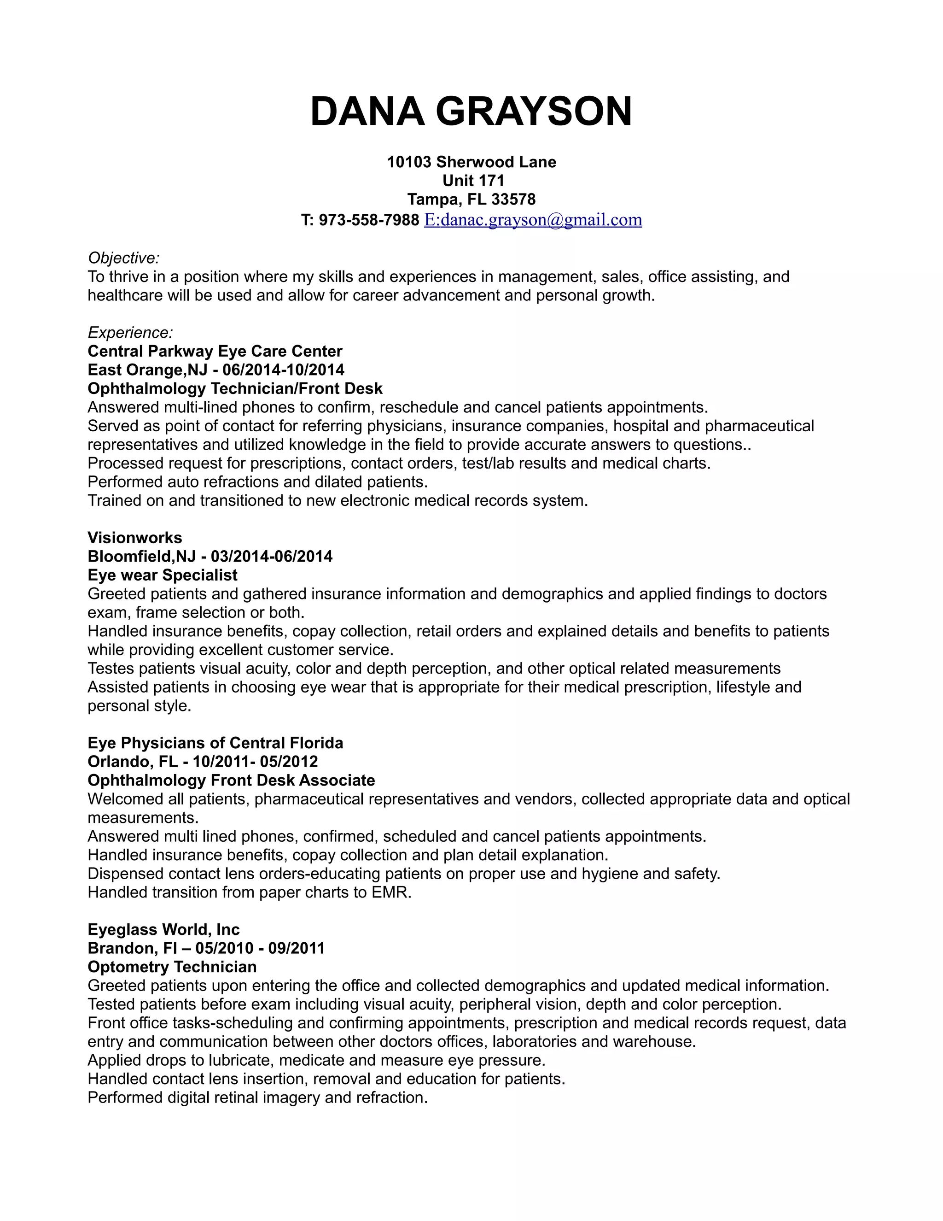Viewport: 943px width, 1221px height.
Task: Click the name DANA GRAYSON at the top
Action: tap(471, 111)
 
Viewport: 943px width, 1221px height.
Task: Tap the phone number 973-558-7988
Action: tap(369, 220)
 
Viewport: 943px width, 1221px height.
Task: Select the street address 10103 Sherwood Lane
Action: tap(471, 162)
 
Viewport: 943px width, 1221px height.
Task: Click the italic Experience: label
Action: tap(130, 333)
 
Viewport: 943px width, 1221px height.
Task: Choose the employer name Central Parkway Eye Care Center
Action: tap(215, 351)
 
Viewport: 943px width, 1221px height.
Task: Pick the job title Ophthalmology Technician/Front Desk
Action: tap(235, 388)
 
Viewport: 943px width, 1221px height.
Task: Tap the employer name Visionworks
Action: tap(134, 538)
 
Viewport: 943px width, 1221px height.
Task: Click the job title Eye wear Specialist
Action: tap(162, 575)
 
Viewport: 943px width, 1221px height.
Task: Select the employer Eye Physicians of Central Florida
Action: tap(215, 743)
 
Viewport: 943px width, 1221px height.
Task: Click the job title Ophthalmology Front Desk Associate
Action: tap(231, 781)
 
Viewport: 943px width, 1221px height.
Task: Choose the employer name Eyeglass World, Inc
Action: tap(163, 930)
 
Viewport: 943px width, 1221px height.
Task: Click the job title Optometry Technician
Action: tap(172, 967)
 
